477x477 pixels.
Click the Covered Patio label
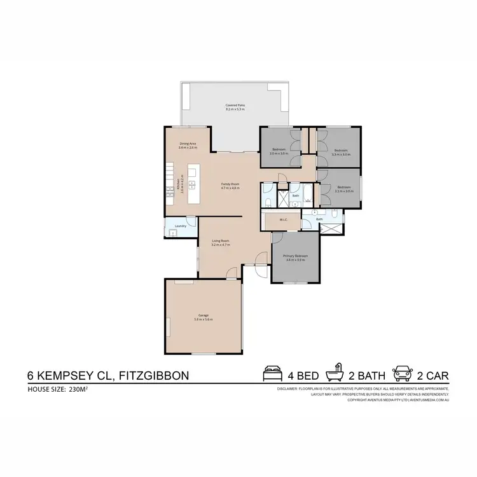235,107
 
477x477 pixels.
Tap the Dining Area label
188,146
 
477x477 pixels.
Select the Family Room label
230,186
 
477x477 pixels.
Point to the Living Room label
220,243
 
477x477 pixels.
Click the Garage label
204,317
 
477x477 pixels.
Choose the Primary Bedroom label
296,258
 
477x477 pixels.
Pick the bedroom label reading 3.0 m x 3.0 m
279,152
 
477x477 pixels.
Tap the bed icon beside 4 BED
272,374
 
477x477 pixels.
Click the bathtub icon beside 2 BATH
335,374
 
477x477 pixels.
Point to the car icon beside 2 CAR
402,374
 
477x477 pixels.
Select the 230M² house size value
74,389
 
